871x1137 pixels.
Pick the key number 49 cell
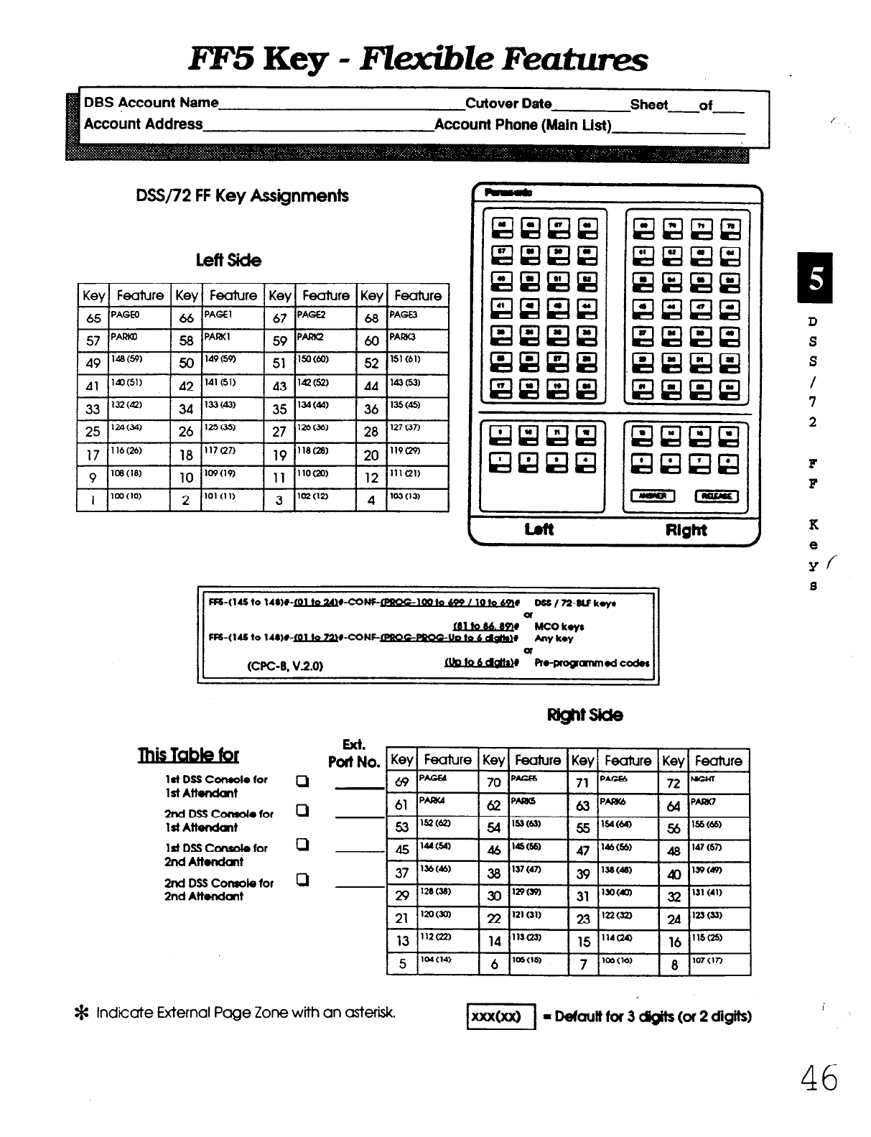click(93, 363)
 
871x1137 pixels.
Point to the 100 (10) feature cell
click(138, 500)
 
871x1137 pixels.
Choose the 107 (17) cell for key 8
click(719, 964)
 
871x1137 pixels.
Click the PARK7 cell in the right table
click(719, 805)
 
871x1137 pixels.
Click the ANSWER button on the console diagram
click(653, 496)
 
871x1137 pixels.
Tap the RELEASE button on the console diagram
click(715, 496)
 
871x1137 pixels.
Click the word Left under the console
click(539, 530)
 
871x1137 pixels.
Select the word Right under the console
click(686, 531)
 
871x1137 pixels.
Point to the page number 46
click(819, 1078)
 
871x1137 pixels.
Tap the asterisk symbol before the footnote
click(81, 1014)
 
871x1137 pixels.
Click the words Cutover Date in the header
click(508, 103)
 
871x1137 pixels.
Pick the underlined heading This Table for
click(188, 755)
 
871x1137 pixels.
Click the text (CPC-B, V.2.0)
click(284, 665)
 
